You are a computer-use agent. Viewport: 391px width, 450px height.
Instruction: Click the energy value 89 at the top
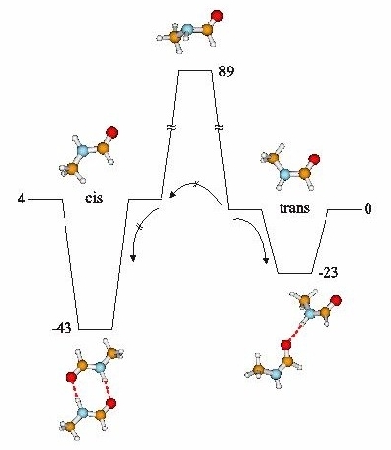click(x=226, y=71)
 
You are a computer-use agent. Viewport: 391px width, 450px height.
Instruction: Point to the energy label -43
click(x=62, y=328)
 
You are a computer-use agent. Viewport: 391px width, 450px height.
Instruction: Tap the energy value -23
click(x=327, y=272)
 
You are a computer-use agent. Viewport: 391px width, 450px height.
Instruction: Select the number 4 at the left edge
click(x=22, y=199)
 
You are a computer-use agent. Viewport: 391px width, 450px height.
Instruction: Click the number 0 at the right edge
click(x=368, y=209)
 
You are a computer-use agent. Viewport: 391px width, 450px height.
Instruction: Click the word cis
click(x=94, y=198)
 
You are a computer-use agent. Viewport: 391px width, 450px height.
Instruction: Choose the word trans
click(x=294, y=208)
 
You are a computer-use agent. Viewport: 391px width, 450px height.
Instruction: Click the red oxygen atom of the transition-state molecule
click(x=217, y=16)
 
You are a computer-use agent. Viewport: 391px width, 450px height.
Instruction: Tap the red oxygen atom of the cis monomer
click(x=112, y=132)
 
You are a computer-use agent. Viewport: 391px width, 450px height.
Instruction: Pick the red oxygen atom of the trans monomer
click(x=314, y=159)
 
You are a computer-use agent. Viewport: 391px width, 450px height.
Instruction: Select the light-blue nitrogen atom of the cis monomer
click(x=83, y=151)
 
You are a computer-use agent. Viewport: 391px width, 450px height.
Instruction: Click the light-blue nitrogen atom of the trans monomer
click(x=285, y=174)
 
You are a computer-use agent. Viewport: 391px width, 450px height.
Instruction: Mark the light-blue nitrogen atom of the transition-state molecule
click(x=187, y=31)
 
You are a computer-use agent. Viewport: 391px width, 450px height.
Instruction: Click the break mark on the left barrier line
click(x=171, y=128)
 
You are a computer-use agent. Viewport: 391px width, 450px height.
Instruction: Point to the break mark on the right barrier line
click(x=219, y=128)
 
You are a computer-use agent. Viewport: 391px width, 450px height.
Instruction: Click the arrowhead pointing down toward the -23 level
click(x=266, y=260)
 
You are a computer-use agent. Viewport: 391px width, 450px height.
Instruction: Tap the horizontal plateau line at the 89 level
click(x=195, y=70)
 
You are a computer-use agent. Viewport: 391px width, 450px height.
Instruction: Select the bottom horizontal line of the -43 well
click(x=96, y=329)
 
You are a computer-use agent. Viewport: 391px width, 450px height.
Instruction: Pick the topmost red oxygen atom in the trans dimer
click(x=336, y=300)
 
